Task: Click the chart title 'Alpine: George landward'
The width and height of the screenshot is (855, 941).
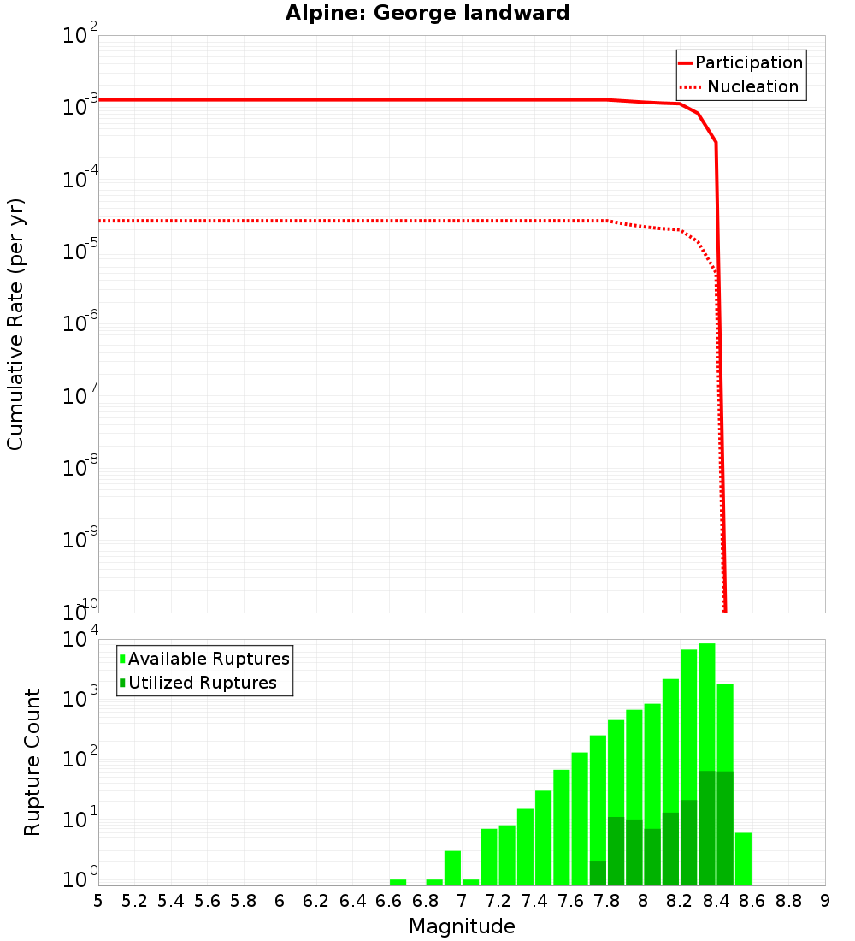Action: click(427, 13)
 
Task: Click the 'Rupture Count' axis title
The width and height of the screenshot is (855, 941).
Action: click(32, 762)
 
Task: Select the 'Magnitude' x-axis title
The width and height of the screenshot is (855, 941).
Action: click(462, 926)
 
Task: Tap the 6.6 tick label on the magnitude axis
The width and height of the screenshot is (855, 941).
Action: click(389, 901)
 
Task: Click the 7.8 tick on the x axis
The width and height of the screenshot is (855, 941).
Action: click(607, 901)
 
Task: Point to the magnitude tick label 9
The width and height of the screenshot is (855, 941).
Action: click(824, 901)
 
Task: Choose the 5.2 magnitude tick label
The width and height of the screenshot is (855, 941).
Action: click(134, 901)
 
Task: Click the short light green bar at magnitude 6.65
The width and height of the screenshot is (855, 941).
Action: click(398, 882)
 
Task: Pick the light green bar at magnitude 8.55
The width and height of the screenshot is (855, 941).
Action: click(743, 859)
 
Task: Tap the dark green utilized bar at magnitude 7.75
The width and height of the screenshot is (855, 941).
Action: click(598, 873)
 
